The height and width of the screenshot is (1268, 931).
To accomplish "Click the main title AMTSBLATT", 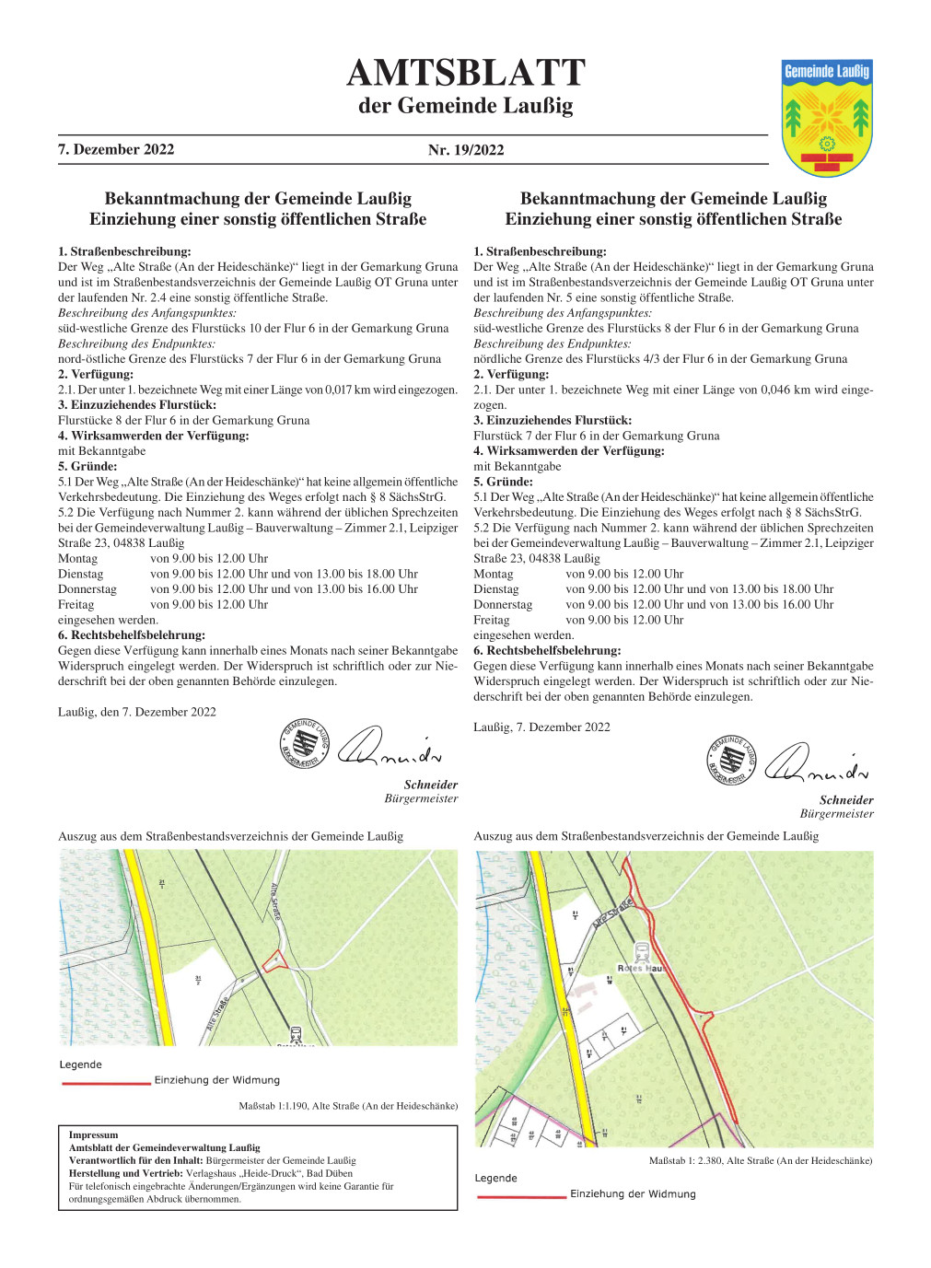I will click(x=465, y=73).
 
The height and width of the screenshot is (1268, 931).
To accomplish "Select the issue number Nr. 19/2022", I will click(x=466, y=150).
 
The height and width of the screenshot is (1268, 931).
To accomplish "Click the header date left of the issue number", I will click(x=116, y=149).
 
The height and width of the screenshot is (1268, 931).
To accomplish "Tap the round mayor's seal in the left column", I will click(x=304, y=744).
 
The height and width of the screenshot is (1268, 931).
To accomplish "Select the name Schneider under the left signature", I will click(x=430, y=785).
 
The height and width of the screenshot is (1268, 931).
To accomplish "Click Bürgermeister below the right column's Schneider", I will click(x=836, y=814).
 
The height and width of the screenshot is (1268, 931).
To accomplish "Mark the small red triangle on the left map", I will click(x=274, y=961).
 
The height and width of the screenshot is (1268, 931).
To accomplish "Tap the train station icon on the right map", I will click(x=642, y=952).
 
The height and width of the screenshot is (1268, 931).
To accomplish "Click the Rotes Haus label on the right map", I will click(x=640, y=969).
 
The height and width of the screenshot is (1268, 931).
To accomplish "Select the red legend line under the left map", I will click(x=106, y=1083).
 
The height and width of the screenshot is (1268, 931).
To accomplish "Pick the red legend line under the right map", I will click(x=521, y=1196).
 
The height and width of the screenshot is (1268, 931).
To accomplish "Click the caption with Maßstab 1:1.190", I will click(x=348, y=1106).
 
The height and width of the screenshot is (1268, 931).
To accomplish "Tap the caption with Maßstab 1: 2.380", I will click(x=760, y=1160).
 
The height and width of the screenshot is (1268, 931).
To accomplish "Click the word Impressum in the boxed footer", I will click(x=94, y=1134).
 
